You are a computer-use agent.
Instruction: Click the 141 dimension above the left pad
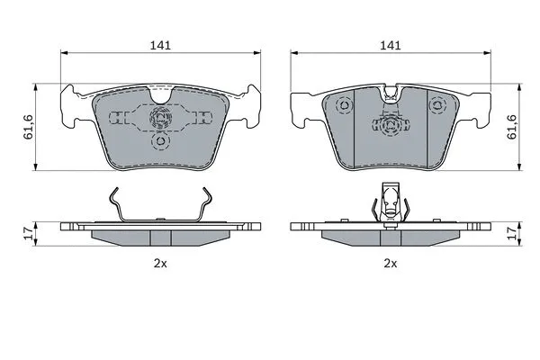tap(160, 45)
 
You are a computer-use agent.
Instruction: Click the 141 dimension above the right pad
tap(391, 45)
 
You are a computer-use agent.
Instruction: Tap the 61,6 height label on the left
tap(28, 127)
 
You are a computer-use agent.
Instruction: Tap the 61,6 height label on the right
tap(512, 127)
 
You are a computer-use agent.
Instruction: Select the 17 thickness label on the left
tap(30, 234)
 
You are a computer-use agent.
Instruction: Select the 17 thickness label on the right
tap(513, 234)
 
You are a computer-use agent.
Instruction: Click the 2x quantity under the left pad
tap(160, 264)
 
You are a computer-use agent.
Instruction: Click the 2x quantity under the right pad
tap(391, 264)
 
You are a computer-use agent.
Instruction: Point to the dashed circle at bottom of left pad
tap(161, 141)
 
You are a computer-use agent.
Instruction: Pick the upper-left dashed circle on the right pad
tap(345, 104)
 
